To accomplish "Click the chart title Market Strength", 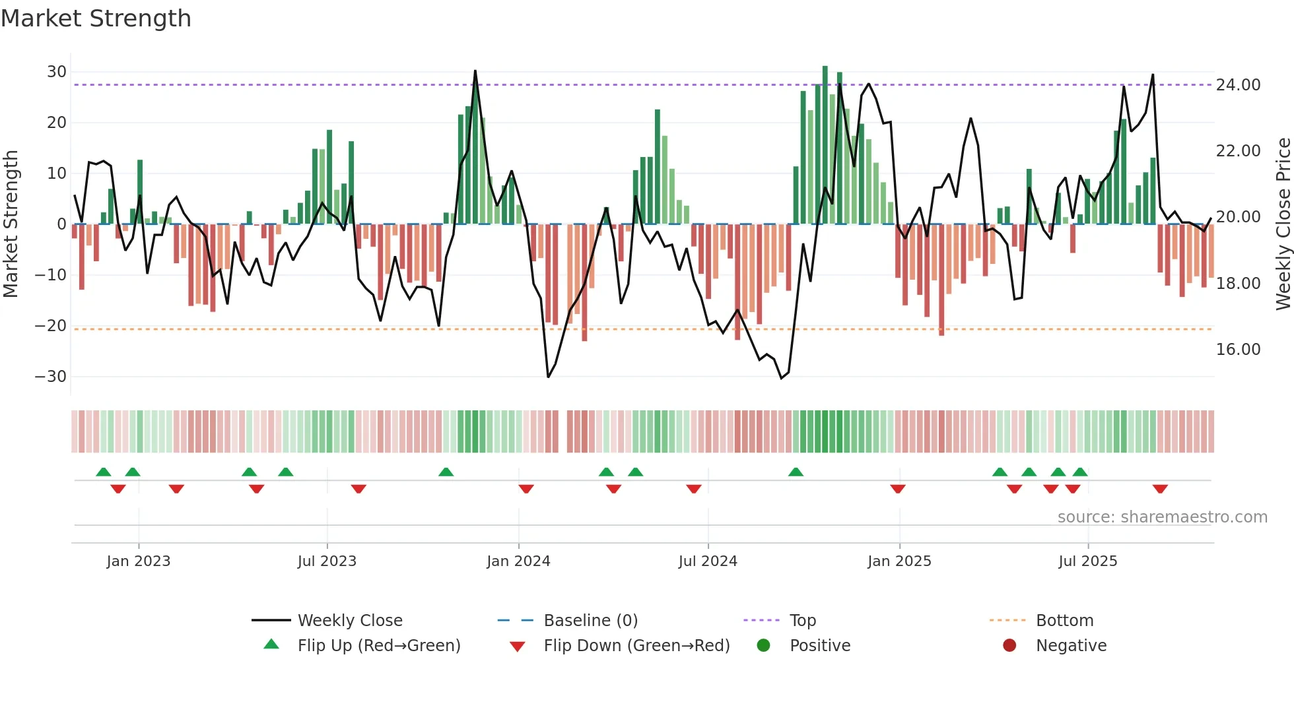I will [96, 18].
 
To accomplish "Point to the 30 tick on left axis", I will [57, 72].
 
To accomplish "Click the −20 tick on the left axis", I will [51, 326].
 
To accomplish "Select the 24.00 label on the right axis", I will [1238, 85].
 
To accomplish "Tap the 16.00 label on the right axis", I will [1238, 350].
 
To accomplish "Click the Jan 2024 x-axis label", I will [518, 561].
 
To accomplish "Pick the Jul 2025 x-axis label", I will [1087, 561].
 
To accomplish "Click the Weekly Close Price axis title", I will [1283, 224].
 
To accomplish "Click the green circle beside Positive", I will [764, 646].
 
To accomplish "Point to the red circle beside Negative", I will [1009, 646].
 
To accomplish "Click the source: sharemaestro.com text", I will [1162, 517].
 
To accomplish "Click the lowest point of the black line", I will [782, 378].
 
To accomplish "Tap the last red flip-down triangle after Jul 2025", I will [1160, 489].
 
